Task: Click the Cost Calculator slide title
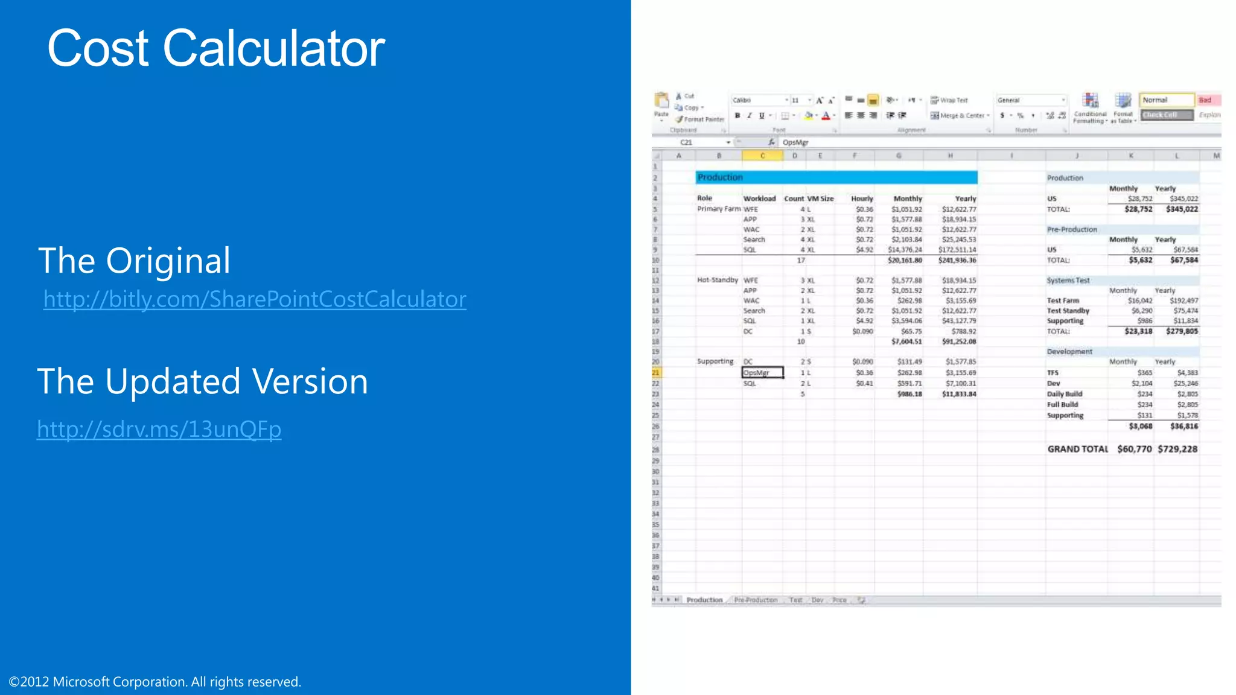click(x=216, y=48)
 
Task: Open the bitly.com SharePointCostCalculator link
click(x=255, y=299)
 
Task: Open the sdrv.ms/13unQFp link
click(x=159, y=429)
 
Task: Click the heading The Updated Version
click(x=203, y=381)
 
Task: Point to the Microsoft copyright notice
click(x=155, y=682)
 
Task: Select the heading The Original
click(x=135, y=261)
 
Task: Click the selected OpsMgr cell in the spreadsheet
click(x=762, y=373)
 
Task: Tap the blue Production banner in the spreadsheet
click(x=836, y=177)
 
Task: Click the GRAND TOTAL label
click(x=1077, y=449)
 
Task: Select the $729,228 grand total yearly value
click(x=1177, y=449)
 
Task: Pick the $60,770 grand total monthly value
click(x=1135, y=449)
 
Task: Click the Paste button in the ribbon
click(x=661, y=105)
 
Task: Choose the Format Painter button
click(x=700, y=119)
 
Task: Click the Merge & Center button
click(x=960, y=115)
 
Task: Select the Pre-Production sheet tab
click(x=756, y=600)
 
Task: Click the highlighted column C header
click(x=762, y=156)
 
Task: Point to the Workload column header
click(x=759, y=198)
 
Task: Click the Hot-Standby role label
click(x=718, y=280)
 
